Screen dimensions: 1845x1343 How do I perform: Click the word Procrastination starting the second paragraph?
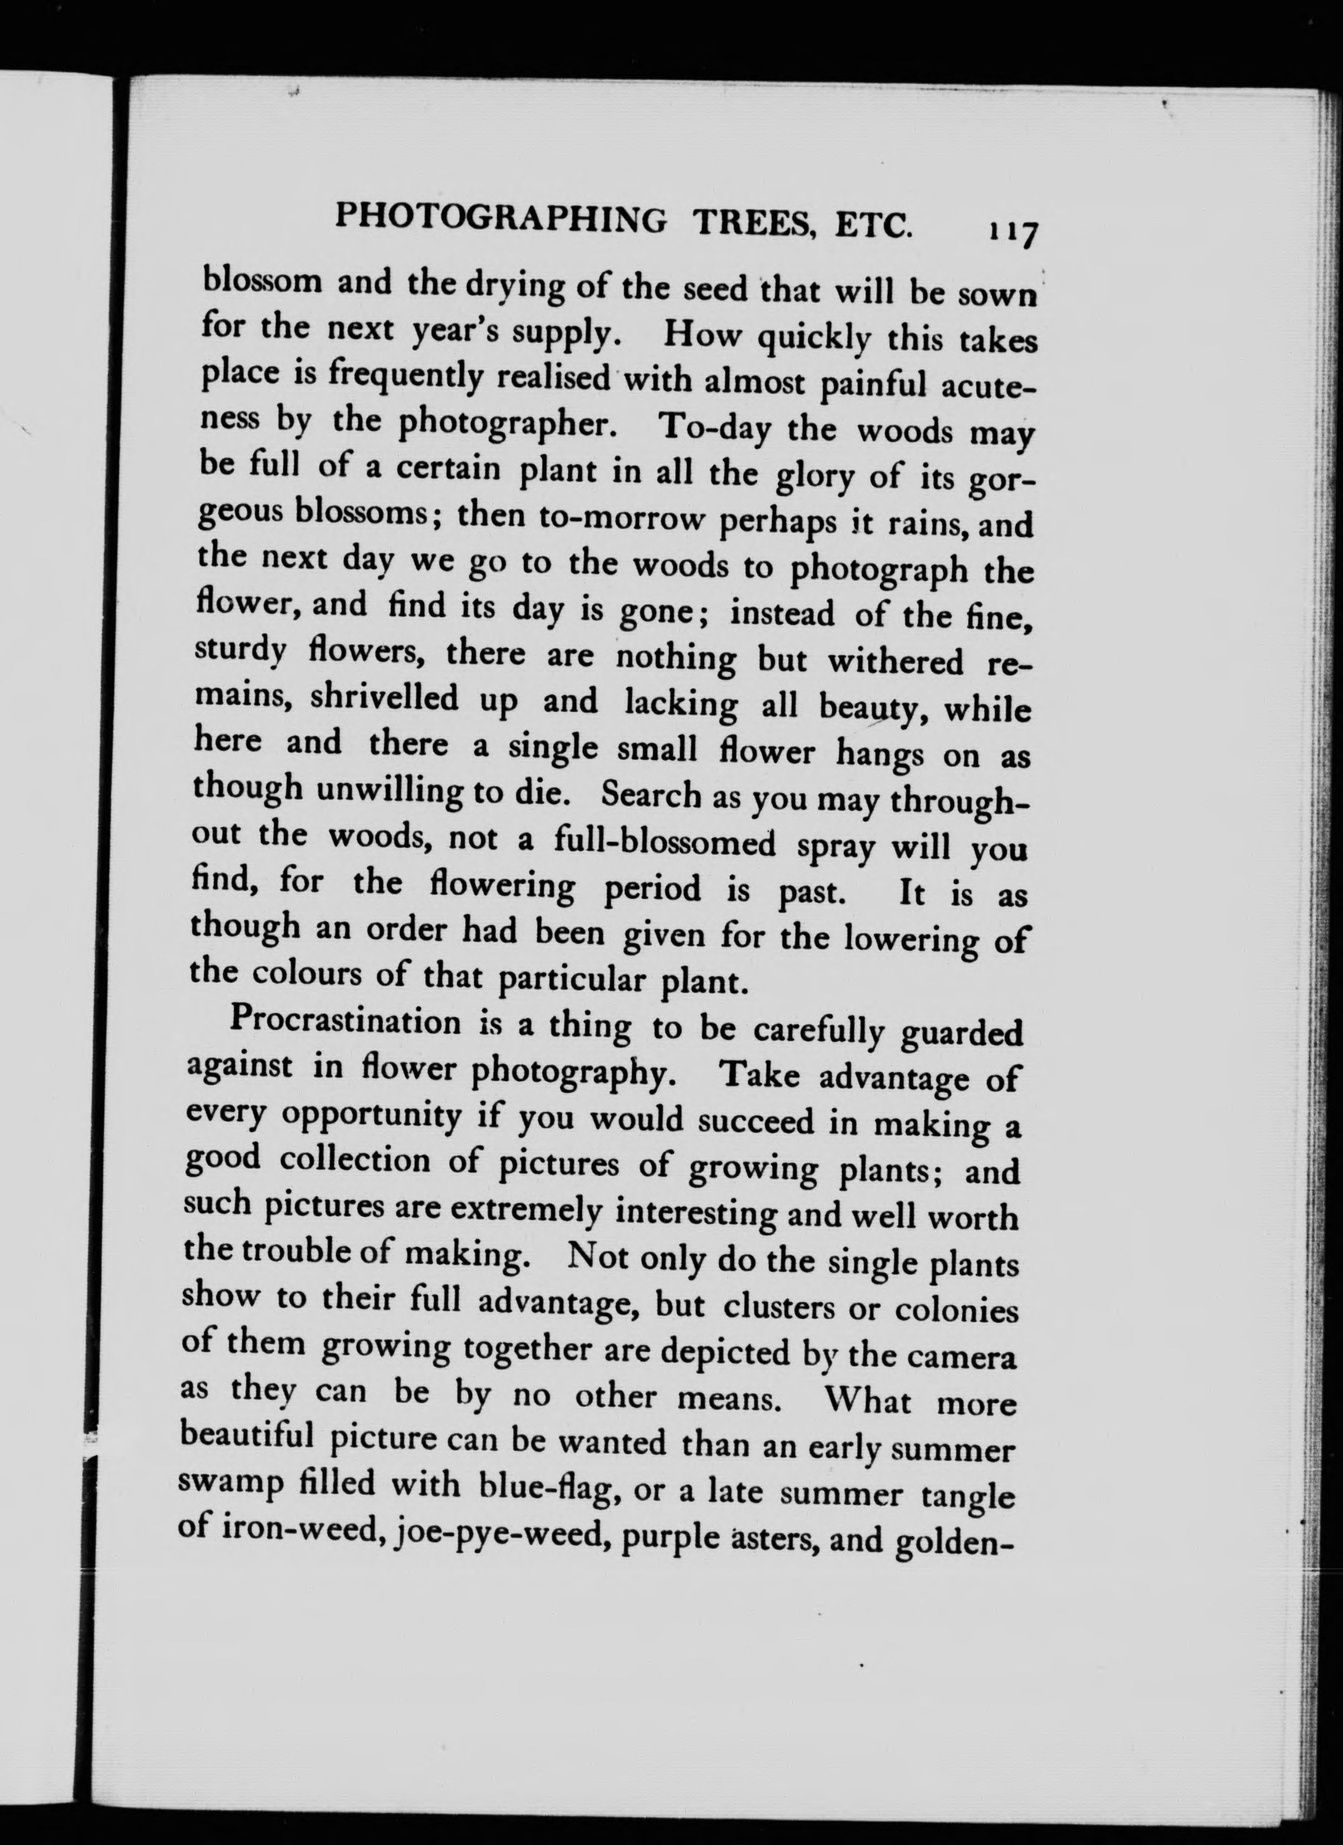click(x=345, y=1022)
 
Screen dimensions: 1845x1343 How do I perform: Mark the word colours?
click(x=305, y=974)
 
